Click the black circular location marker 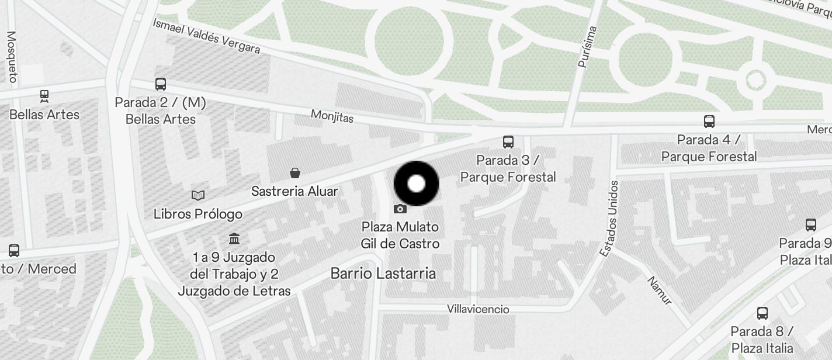click(416, 184)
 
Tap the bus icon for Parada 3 click(508, 141)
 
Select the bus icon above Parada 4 click(709, 122)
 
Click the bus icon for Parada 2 click(161, 84)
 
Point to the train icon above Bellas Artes click(44, 95)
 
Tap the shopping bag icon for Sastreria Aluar click(295, 173)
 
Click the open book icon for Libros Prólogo click(198, 195)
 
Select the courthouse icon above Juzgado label click(234, 238)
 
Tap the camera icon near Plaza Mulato click(400, 209)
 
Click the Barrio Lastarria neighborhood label click(383, 273)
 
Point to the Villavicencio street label click(478, 309)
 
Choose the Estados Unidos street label click(609, 218)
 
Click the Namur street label click(660, 290)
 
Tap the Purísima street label click(587, 47)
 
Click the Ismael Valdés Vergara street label click(206, 36)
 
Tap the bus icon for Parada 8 click(762, 313)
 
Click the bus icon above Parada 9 click(810, 224)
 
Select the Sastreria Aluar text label click(294, 191)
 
